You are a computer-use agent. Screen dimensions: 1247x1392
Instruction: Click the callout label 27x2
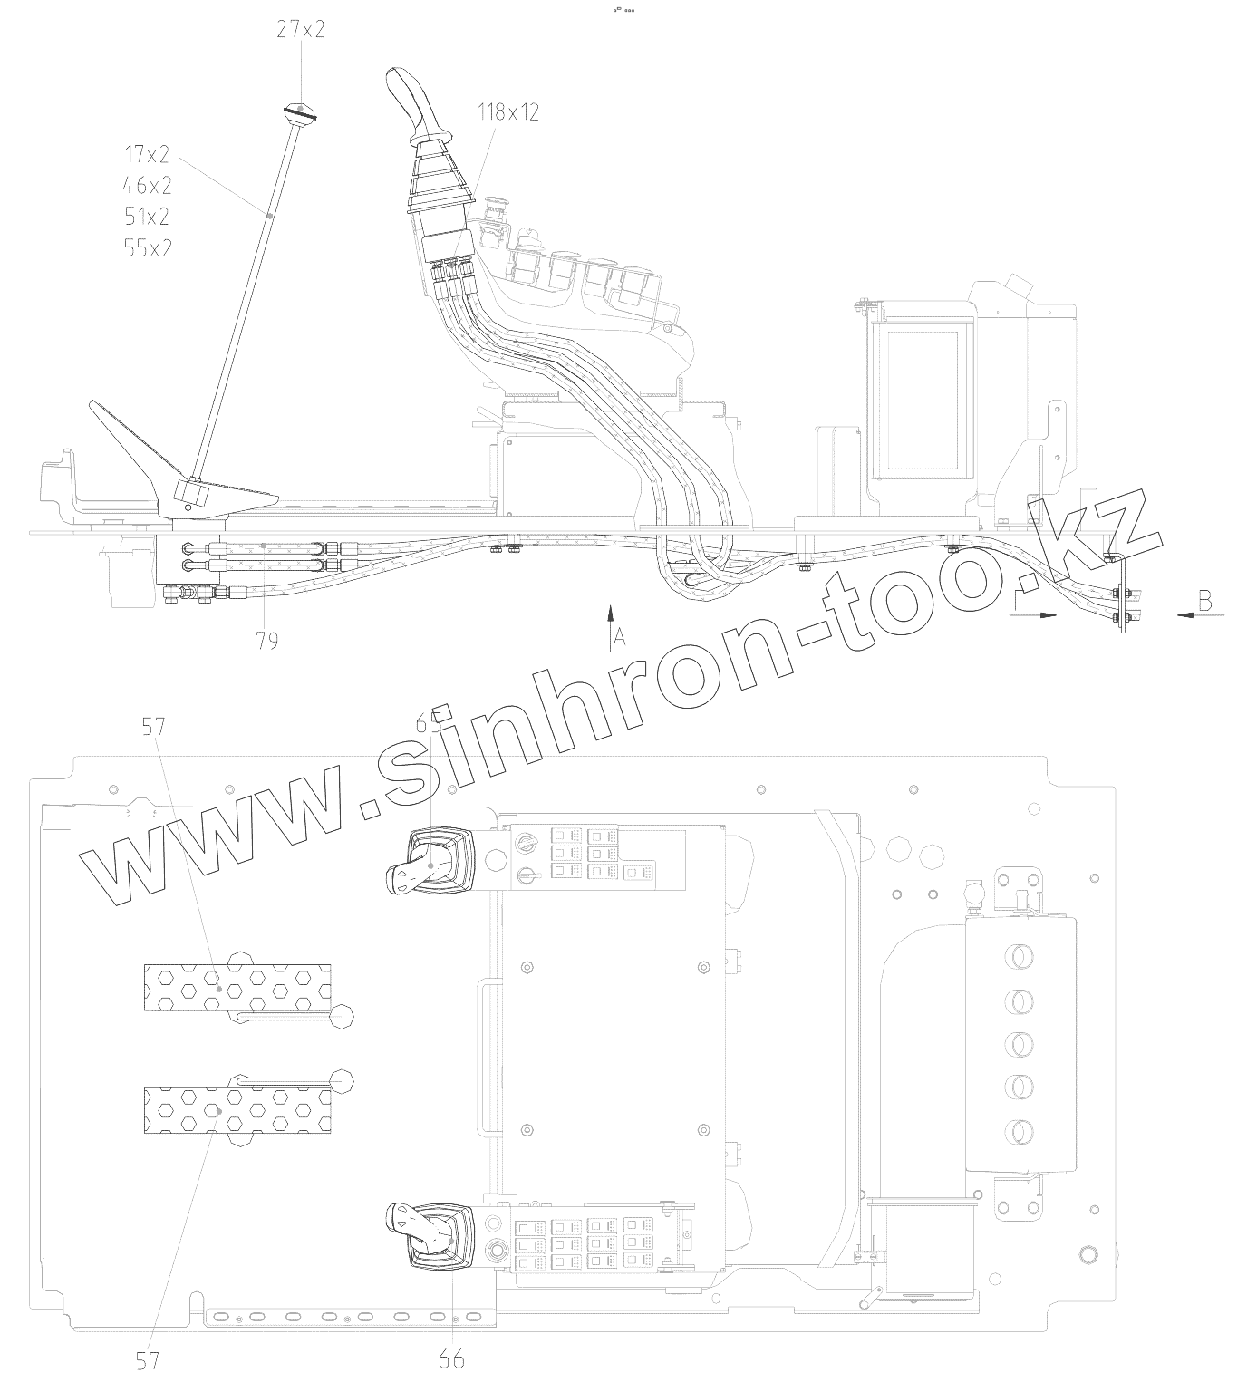(x=300, y=30)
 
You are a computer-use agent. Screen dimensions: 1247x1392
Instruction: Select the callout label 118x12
(x=508, y=112)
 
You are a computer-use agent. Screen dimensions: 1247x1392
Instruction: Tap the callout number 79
(x=266, y=641)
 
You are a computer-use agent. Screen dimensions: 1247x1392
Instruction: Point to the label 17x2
(x=148, y=153)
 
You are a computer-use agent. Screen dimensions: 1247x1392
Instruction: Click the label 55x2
(x=148, y=248)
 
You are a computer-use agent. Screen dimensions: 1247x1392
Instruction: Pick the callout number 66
(x=450, y=1358)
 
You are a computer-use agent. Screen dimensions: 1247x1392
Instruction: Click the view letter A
(x=620, y=638)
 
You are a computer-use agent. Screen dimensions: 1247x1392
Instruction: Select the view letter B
(x=1204, y=600)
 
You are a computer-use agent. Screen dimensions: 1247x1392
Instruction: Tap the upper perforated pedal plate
(x=237, y=987)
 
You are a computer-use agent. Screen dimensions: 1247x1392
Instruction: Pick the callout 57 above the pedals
(x=155, y=725)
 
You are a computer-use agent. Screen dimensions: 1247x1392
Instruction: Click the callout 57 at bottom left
(x=148, y=1359)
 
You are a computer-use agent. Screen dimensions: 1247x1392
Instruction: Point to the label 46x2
(x=148, y=186)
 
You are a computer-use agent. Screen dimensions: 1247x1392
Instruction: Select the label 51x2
(x=148, y=217)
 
